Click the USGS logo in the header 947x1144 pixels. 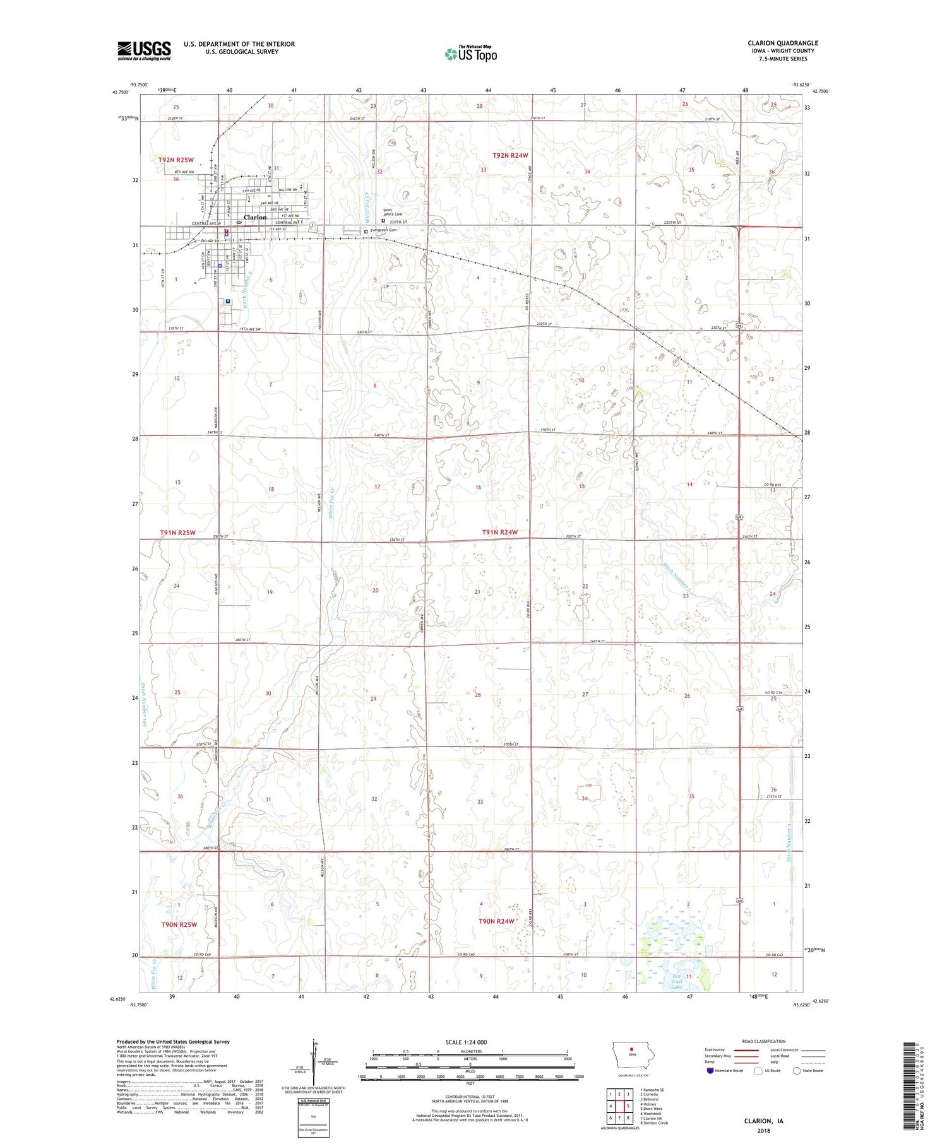coord(144,50)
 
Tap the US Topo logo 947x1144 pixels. coord(471,54)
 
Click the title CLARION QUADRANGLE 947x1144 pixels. coord(782,44)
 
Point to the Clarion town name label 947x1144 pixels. coord(255,217)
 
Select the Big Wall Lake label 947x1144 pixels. coord(677,982)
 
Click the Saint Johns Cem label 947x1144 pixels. coord(393,212)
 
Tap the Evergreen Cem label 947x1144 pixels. coord(384,231)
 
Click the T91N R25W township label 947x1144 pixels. coord(177,533)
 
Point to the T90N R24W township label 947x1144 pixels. coord(496,921)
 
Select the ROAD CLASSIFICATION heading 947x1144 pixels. coord(764,1041)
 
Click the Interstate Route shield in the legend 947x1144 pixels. coord(710,1071)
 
